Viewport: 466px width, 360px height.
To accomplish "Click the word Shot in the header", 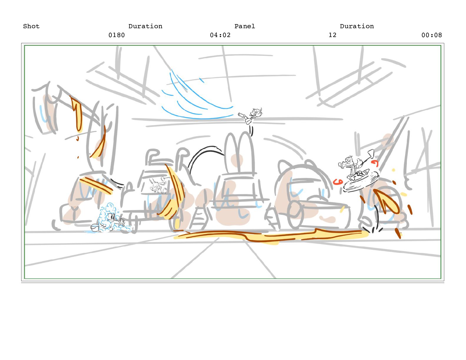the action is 31,26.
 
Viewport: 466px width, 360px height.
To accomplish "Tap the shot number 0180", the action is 116,35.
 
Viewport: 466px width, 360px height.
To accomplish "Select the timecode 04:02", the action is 220,35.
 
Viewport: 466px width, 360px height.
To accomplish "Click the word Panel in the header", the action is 244,26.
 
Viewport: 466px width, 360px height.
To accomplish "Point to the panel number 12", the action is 332,35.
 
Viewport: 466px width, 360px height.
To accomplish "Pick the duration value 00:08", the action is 431,35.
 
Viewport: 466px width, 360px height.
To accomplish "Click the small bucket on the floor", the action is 94,227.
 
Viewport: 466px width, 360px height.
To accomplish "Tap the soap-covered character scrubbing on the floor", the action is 109,218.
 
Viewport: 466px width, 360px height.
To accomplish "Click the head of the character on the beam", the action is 257,112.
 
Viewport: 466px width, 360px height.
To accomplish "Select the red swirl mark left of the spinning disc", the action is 338,182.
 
